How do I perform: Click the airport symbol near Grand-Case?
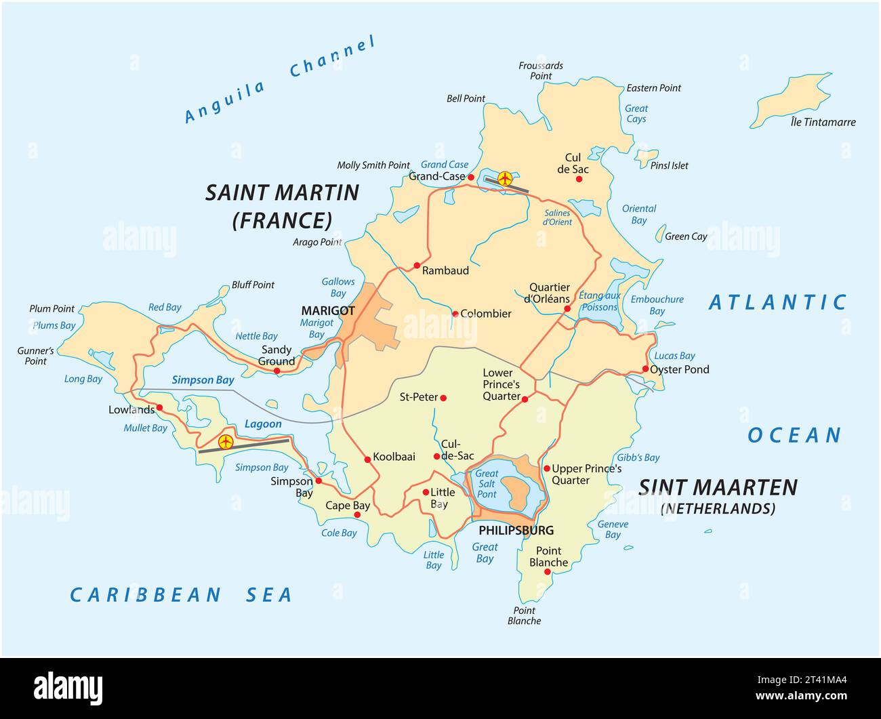coord(505,178)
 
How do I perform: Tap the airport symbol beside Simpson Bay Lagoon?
coord(226,443)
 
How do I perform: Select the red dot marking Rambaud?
coord(417,266)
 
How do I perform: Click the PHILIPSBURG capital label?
coord(516,531)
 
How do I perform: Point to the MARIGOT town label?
coord(328,311)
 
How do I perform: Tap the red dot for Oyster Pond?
coord(644,369)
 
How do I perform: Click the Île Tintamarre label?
coord(823,123)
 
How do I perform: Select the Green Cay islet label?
coord(686,237)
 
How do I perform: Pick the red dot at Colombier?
coord(455,313)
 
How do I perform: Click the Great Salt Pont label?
coord(487,484)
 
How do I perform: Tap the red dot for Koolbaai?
coord(367,459)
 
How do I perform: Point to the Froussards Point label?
coord(541,70)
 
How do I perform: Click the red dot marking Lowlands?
coord(159,408)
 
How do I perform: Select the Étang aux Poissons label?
coord(599,302)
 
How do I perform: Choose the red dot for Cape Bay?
coord(357,515)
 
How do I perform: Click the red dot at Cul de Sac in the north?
coord(579,179)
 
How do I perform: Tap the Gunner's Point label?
coord(35,356)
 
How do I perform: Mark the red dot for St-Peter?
coord(444,398)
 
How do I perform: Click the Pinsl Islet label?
coord(669,165)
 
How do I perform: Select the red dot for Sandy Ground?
coord(276,370)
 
